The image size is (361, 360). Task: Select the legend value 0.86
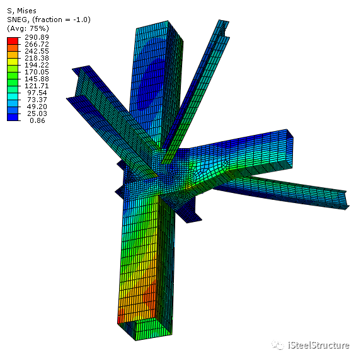(x=37, y=120)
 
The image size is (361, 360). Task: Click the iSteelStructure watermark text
(x=318, y=345)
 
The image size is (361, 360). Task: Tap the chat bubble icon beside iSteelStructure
(x=278, y=345)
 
